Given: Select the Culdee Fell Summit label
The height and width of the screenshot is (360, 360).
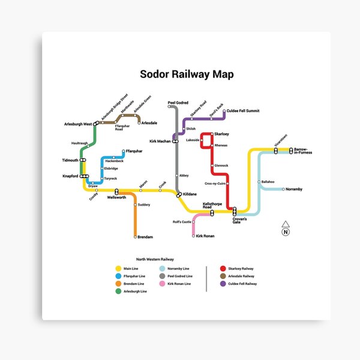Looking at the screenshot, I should click(242, 111).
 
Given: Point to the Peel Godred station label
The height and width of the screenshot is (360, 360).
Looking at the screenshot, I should click(178, 103).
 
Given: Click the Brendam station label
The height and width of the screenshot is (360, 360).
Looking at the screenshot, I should click(145, 237).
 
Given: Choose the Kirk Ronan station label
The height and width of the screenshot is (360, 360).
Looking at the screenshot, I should click(205, 236).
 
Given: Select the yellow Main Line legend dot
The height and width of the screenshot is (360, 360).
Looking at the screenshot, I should click(118, 268).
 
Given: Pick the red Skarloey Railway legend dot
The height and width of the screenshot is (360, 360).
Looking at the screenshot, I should click(223, 268).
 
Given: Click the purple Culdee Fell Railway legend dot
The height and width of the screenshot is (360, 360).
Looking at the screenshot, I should click(223, 283).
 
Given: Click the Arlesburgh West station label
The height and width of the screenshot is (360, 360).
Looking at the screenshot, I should click(78, 124).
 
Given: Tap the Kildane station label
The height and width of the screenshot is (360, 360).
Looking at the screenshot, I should click(190, 194).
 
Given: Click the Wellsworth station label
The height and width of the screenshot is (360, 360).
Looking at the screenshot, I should click(116, 197).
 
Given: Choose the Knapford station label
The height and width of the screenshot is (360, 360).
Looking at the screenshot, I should click(70, 176).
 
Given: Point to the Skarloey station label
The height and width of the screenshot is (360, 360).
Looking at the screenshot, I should click(221, 133).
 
